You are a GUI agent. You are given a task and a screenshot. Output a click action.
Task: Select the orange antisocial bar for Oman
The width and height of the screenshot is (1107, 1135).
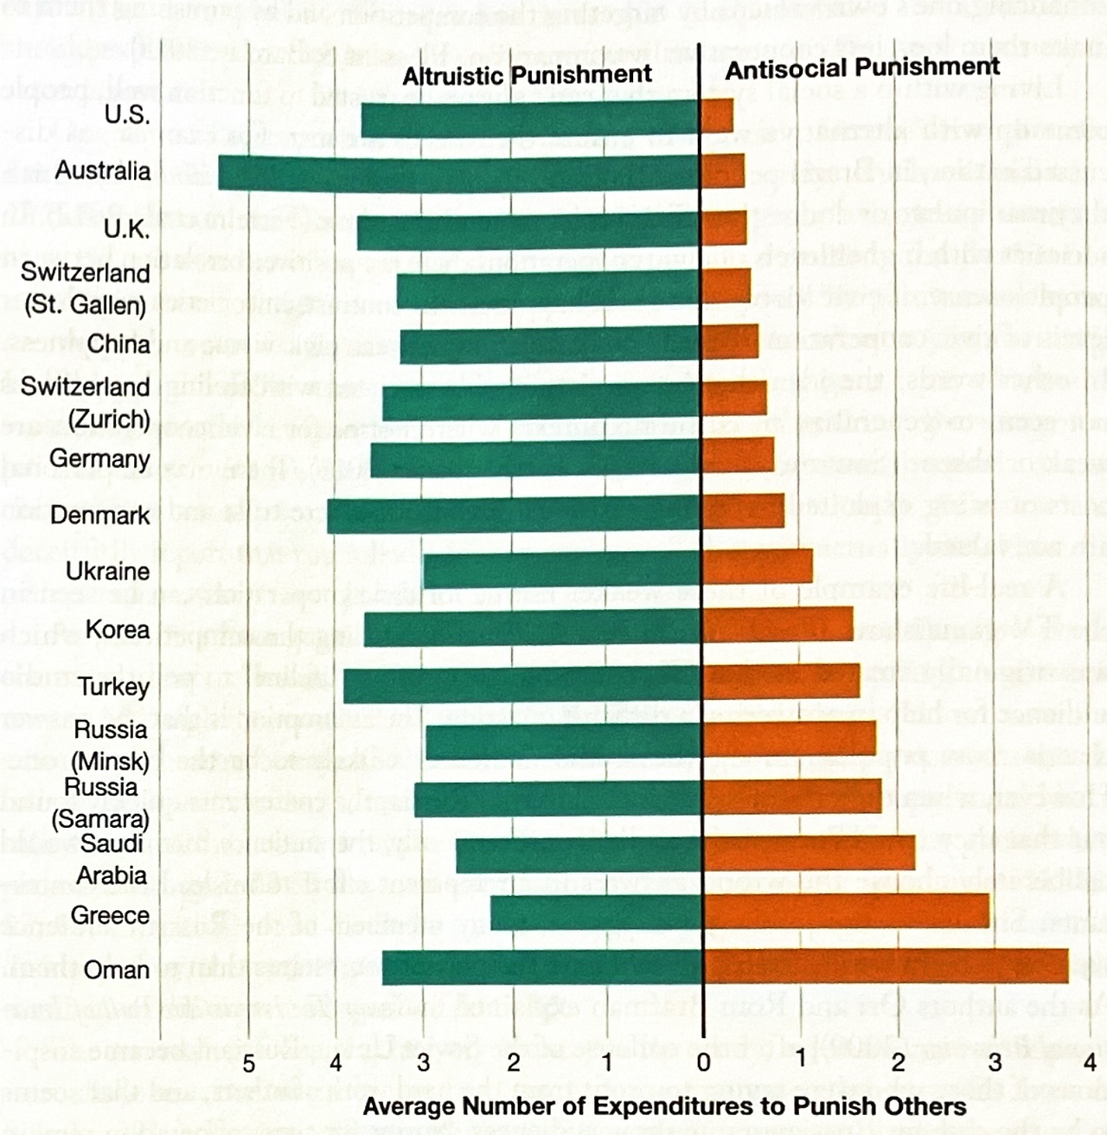click(886, 966)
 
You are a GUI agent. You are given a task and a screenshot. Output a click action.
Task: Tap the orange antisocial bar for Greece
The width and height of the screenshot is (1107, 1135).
click(846, 911)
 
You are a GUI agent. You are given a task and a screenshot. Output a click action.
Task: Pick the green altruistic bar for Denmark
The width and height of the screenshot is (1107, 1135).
click(514, 516)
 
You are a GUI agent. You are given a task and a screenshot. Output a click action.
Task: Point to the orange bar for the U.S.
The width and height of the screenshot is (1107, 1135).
click(718, 116)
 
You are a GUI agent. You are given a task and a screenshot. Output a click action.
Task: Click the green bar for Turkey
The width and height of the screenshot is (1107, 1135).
click(522, 685)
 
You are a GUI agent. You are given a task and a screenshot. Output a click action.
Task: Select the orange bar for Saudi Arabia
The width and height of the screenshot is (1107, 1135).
click(809, 853)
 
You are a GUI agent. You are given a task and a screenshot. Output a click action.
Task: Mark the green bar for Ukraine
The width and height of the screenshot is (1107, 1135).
click(562, 570)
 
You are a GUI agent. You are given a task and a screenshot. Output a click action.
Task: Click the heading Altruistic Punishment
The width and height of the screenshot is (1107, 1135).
click(527, 75)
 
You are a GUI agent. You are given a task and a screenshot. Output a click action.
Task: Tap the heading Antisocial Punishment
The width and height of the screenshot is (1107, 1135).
click(862, 67)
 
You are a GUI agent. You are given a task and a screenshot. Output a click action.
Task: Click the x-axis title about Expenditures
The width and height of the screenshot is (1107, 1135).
click(664, 1106)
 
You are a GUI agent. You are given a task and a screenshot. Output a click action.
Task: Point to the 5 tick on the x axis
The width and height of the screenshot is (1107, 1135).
click(248, 1062)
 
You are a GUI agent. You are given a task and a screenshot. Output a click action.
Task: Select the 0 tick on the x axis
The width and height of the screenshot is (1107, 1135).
click(703, 1061)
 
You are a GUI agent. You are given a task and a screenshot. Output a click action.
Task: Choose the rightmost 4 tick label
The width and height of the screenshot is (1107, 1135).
click(1090, 1061)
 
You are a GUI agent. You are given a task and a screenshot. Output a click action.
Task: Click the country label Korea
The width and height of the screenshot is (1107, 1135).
click(118, 629)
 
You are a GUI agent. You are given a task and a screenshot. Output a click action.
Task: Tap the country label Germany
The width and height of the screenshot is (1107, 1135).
click(99, 458)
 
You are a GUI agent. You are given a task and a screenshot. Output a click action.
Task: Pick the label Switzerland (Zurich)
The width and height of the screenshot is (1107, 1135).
click(86, 402)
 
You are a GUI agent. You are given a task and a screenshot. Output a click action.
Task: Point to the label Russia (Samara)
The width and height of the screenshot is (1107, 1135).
click(100, 803)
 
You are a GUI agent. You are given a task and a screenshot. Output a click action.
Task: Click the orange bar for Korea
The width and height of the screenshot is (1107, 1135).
click(777, 625)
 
